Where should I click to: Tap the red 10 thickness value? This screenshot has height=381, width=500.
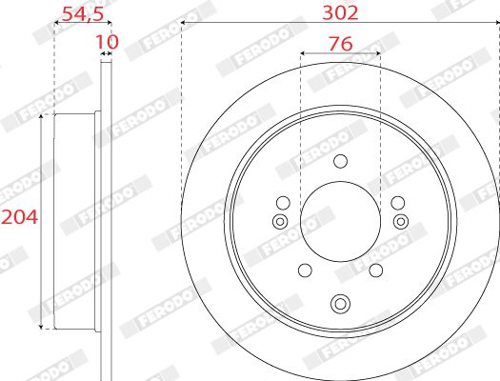pyautogui.click(x=107, y=43)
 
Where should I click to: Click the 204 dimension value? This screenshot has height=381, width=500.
pyautogui.click(x=19, y=217)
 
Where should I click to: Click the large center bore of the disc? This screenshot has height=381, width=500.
pyautogui.click(x=340, y=221)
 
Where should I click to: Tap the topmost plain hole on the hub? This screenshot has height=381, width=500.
pyautogui.click(x=340, y=162)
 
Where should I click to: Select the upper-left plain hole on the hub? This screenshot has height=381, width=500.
pyautogui.click(x=282, y=202)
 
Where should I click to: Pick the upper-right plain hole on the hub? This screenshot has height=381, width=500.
pyautogui.click(x=397, y=202)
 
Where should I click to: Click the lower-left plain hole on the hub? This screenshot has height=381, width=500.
pyautogui.click(x=303, y=270)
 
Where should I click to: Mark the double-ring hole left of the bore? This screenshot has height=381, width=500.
pyautogui.click(x=279, y=222)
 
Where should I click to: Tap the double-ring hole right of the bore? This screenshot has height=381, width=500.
pyautogui.click(x=400, y=222)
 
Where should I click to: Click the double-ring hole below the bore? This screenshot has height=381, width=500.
pyautogui.click(x=340, y=305)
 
